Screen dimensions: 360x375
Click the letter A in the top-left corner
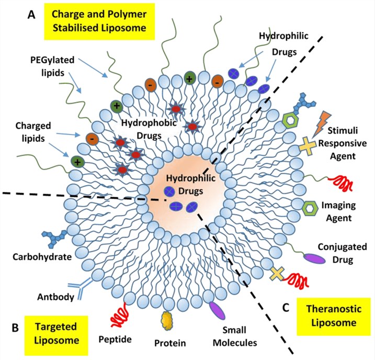[x=33, y=16]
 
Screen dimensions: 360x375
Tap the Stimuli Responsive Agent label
[x=343, y=142]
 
